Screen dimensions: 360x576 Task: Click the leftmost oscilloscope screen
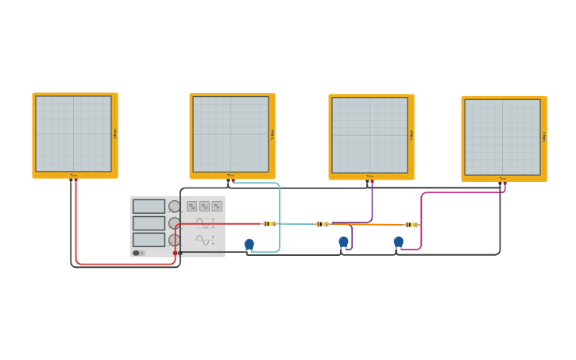(x=74, y=134)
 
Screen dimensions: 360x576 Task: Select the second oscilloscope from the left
(x=231, y=134)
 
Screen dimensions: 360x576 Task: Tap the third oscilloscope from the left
(x=370, y=135)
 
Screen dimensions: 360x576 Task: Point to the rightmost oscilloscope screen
(x=503, y=137)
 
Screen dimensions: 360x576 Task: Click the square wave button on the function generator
(x=192, y=206)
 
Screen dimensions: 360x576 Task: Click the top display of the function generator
(x=149, y=206)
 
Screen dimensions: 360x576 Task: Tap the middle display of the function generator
(x=149, y=223)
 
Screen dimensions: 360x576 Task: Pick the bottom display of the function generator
(x=149, y=239)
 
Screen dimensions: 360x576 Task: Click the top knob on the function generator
(x=174, y=206)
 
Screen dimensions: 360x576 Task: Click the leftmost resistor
(x=270, y=224)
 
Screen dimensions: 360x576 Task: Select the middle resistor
(x=323, y=224)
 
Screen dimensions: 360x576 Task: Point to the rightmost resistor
(x=411, y=225)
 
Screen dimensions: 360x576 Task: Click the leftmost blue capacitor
(x=249, y=244)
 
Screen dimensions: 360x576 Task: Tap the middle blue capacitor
(x=343, y=241)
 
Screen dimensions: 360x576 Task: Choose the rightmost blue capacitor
(x=398, y=242)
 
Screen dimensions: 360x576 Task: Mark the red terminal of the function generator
(x=176, y=253)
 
